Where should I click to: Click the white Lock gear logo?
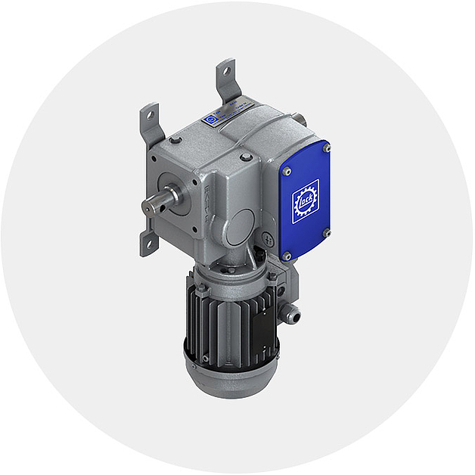pos(306,202)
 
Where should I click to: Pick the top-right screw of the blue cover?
pos(327,149)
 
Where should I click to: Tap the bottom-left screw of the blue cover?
pos(287,256)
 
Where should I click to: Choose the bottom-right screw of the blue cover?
pos(327,233)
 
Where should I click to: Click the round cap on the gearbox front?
pos(241,225)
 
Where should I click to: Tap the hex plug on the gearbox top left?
pos(175,140)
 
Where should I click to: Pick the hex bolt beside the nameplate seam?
pos(246,157)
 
